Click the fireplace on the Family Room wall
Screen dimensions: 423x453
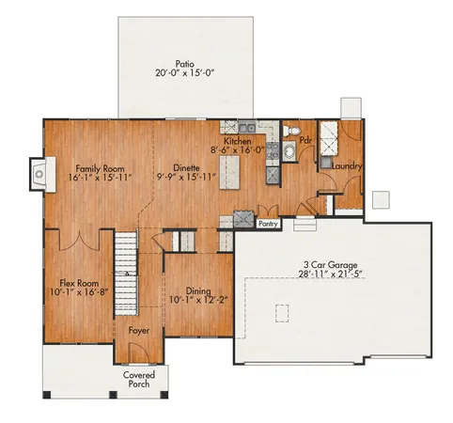(x=37, y=172)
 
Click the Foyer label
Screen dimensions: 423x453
(x=138, y=331)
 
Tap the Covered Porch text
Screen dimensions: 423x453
(x=139, y=380)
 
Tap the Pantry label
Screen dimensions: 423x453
(x=268, y=224)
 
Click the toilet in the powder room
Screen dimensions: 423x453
(x=292, y=132)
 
